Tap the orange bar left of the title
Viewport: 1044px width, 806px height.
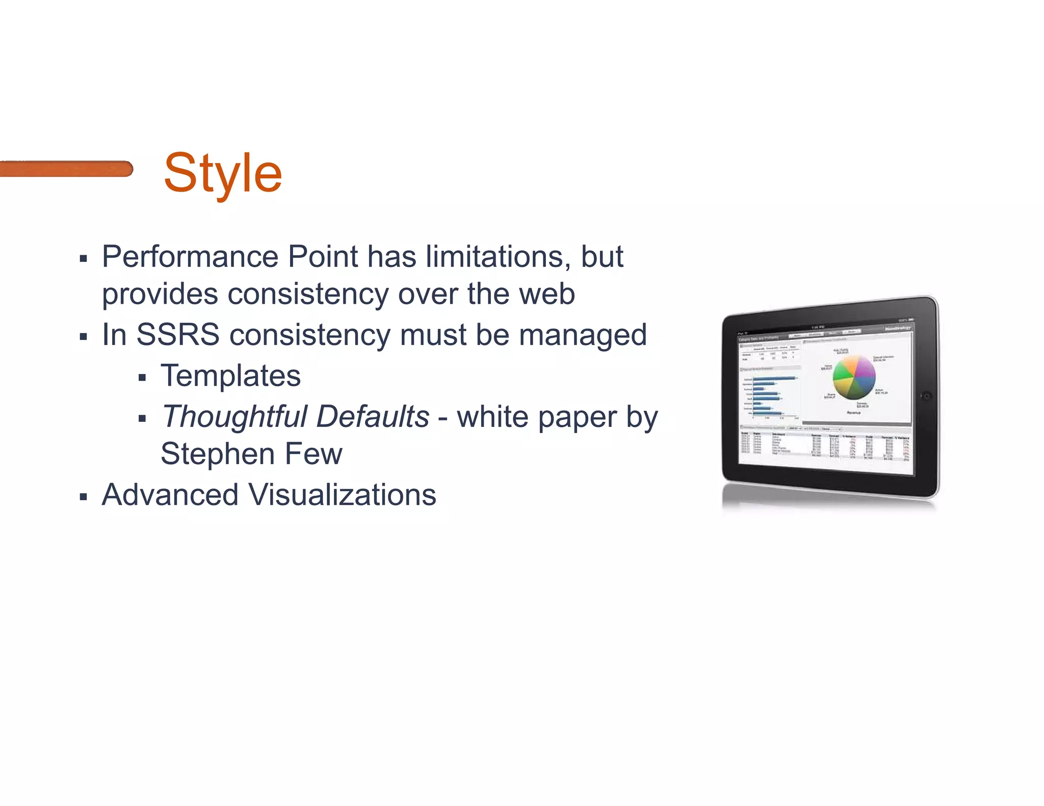point(66,169)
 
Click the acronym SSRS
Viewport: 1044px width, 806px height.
point(178,335)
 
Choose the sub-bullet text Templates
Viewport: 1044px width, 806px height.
point(230,376)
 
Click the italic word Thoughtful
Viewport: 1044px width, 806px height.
point(234,417)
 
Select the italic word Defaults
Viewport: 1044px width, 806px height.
point(373,416)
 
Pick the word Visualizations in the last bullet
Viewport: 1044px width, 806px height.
point(342,495)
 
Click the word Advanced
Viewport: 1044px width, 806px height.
point(170,495)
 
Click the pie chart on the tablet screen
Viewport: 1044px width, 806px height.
point(854,378)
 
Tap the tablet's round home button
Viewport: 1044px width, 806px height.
point(927,396)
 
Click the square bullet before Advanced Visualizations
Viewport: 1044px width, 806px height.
point(84,497)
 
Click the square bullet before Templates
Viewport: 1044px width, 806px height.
point(142,378)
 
